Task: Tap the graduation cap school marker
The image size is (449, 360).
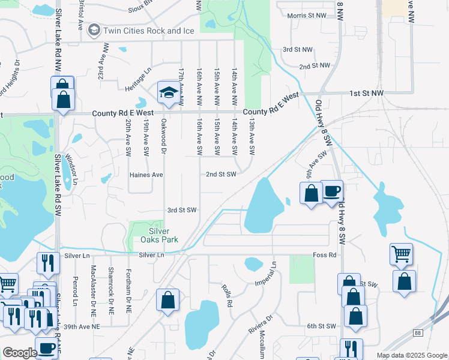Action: click(169, 92)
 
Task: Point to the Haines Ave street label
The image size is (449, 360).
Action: click(146, 175)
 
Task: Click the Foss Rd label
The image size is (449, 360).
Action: click(323, 254)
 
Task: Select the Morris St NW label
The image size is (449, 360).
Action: click(307, 16)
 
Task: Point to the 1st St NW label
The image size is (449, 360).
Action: click(368, 94)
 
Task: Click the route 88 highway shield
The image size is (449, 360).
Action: click(417, 332)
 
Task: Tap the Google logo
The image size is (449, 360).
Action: click(19, 353)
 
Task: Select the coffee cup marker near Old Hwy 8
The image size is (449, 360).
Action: click(331, 192)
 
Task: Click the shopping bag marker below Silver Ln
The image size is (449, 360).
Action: click(168, 301)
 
